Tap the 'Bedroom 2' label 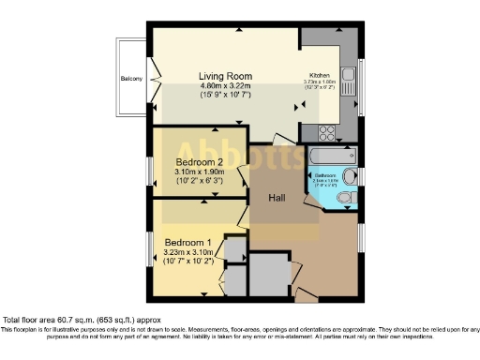point(198,161)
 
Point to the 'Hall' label point(277,198)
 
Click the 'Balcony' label point(131,79)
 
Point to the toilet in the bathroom point(344,196)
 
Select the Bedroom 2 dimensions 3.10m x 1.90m point(199,172)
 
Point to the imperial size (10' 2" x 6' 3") point(199,181)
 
